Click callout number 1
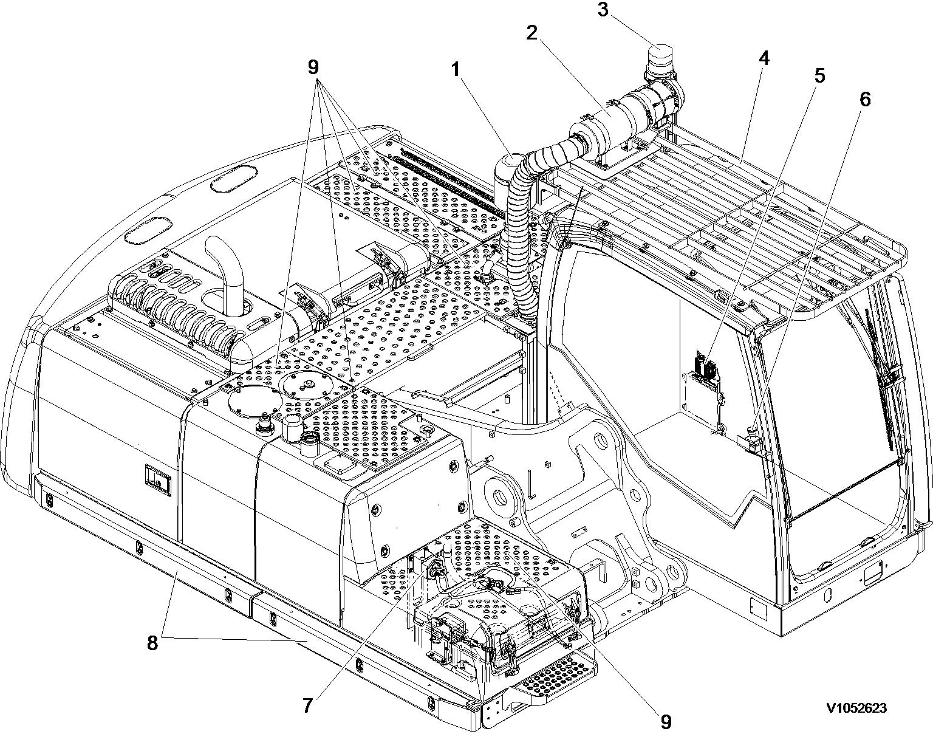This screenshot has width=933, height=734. point(455,69)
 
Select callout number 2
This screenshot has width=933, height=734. point(531,33)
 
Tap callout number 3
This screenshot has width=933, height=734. point(603,10)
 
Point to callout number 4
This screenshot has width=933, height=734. point(764,58)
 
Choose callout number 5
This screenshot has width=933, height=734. point(819,75)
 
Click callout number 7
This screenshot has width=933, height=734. point(307,706)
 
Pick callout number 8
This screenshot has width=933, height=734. point(152,643)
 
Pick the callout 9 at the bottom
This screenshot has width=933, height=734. point(666,721)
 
